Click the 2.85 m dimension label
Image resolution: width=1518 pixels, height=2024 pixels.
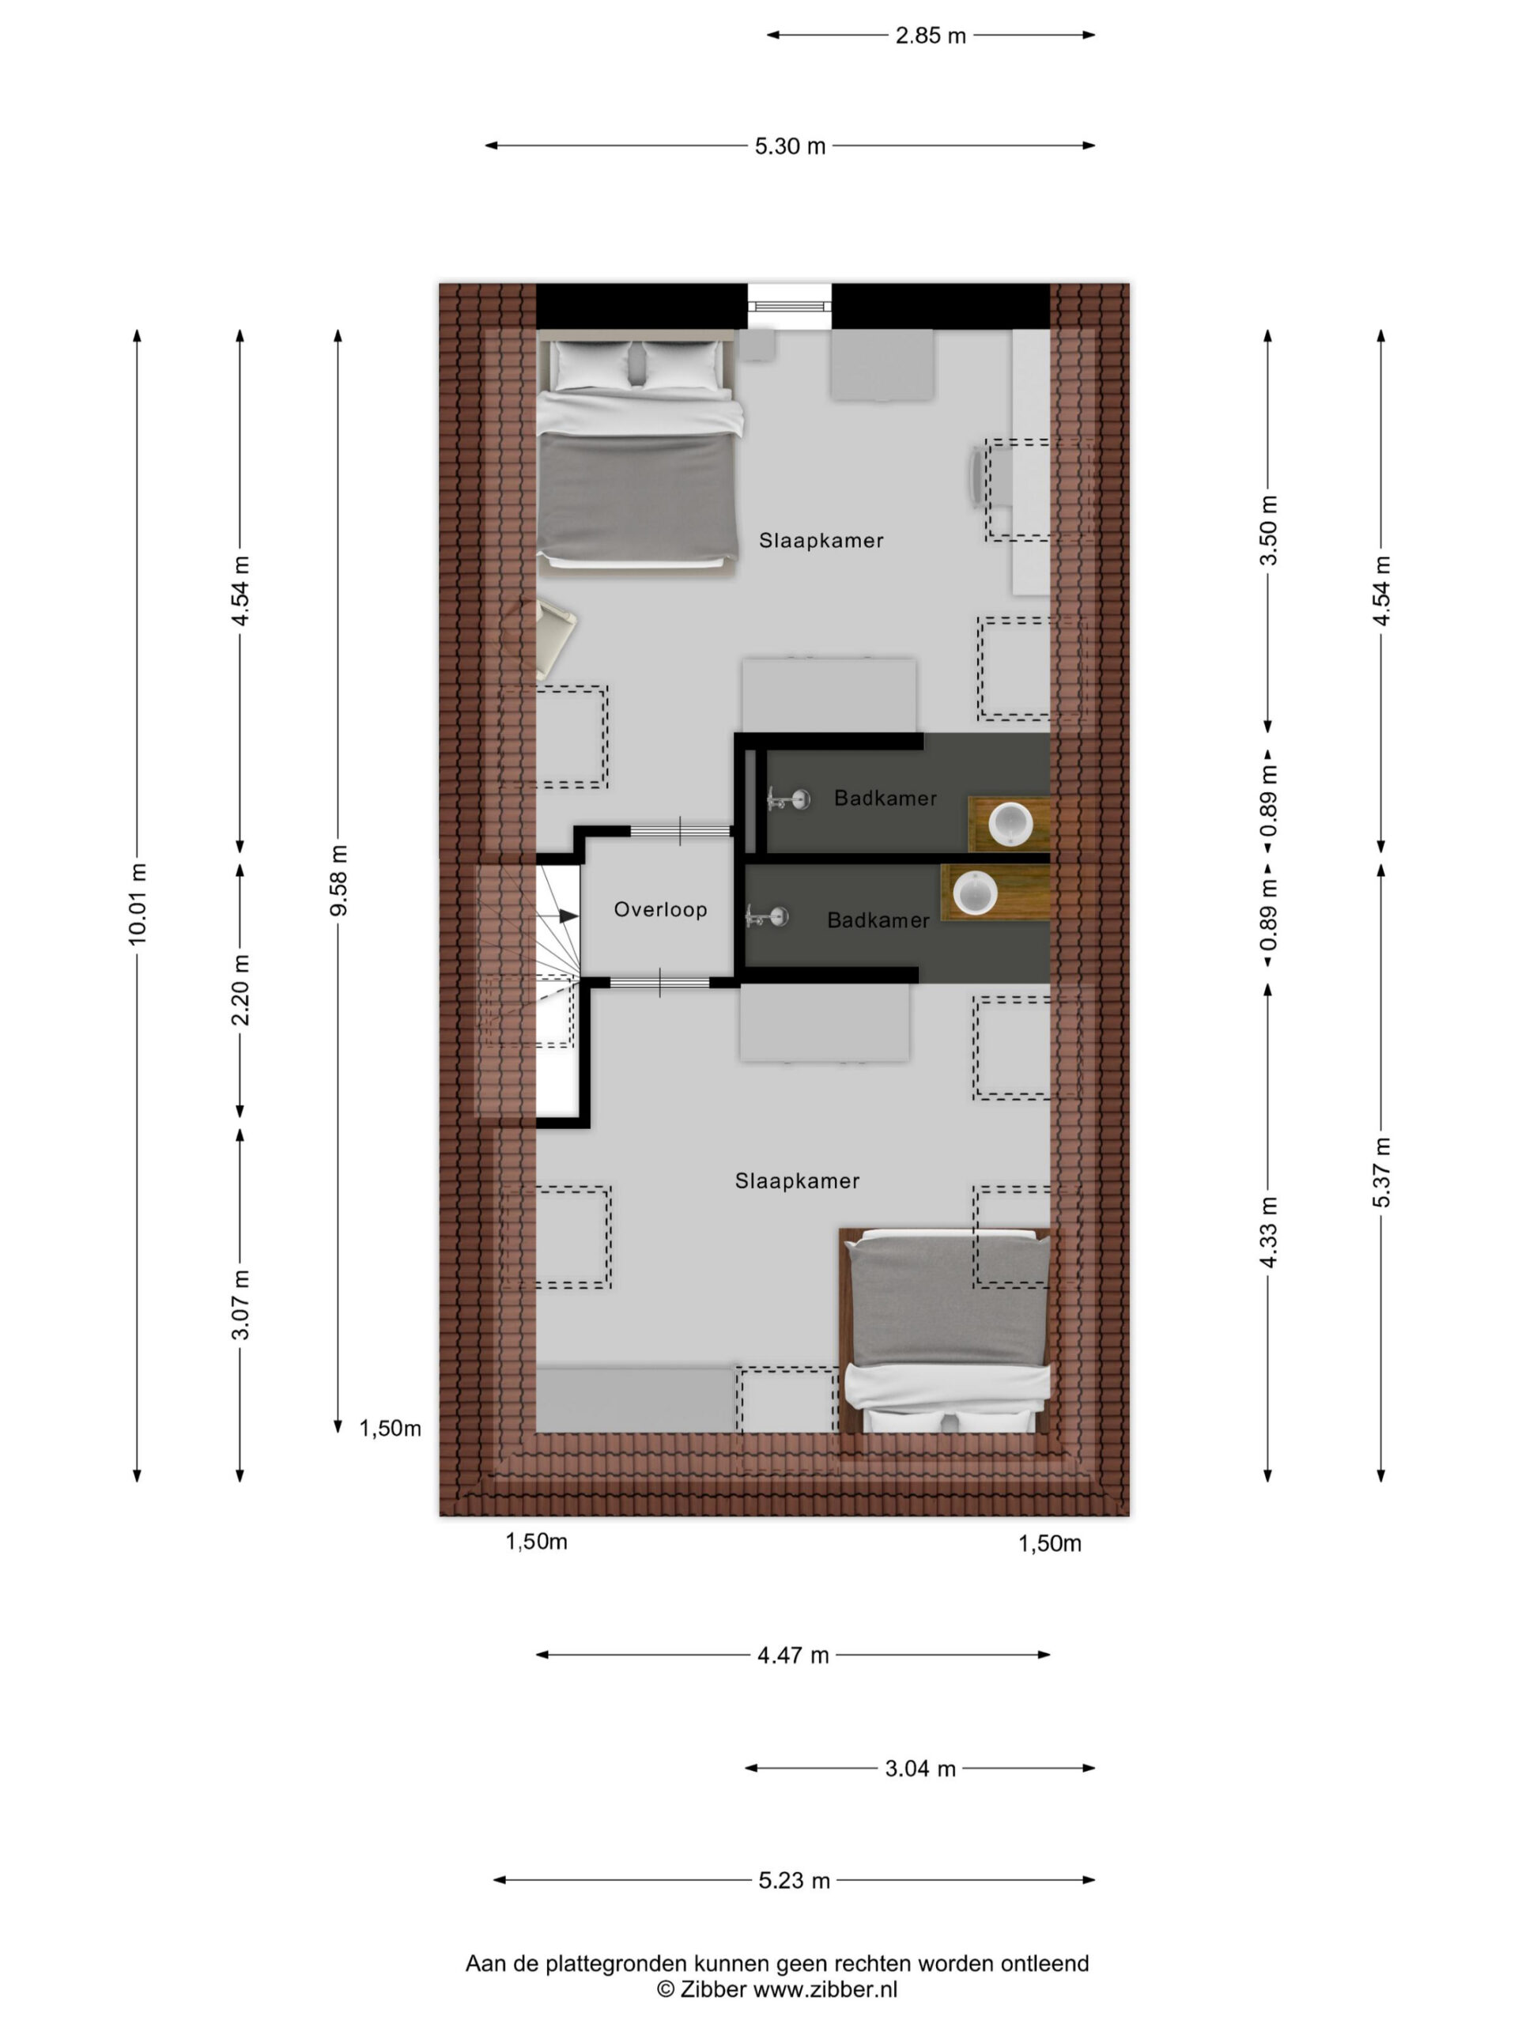931,36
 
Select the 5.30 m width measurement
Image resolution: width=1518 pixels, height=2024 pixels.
790,146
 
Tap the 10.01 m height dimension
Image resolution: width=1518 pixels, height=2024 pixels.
138,903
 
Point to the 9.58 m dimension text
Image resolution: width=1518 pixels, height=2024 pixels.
339,879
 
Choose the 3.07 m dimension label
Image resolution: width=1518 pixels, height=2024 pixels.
240,1304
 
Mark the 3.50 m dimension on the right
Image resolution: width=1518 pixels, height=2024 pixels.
1269,531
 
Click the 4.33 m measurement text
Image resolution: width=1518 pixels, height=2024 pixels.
1269,1232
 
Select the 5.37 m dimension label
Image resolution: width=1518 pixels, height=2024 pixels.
1382,1172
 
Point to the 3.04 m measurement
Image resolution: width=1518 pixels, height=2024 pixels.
919,1769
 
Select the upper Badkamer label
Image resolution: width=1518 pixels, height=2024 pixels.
885,798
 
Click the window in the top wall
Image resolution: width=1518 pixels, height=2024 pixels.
790,307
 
